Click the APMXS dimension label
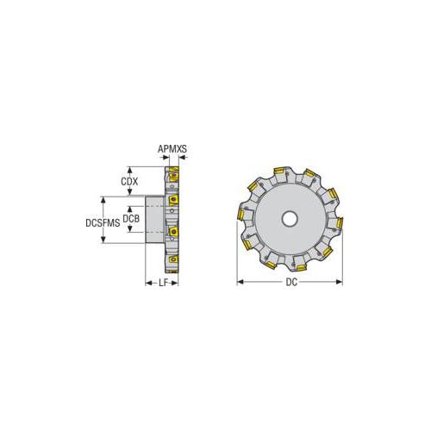coord(172,148)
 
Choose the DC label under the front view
coord(290,282)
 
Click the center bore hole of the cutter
coord(290,219)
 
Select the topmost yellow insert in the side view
coord(173,176)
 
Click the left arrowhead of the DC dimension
coord(240,281)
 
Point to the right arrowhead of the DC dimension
coord(340,281)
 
